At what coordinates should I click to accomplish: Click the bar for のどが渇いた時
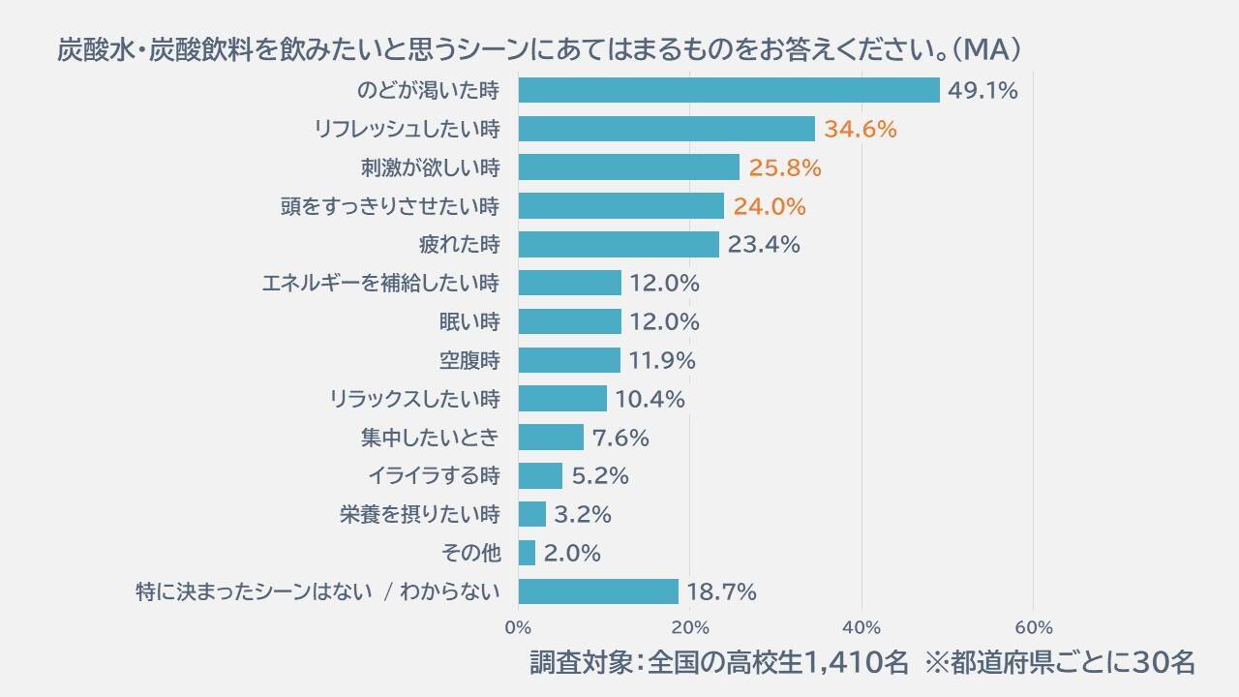[728, 90]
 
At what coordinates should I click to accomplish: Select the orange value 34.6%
[861, 129]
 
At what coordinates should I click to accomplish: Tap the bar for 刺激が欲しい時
[628, 167]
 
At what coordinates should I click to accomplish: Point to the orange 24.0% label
[769, 206]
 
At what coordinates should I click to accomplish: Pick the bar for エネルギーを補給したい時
[569, 283]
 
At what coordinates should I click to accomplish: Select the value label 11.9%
[662, 360]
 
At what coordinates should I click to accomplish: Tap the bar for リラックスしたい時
[562, 399]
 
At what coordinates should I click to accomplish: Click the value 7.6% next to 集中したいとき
[620, 438]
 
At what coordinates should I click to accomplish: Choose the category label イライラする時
[434, 475]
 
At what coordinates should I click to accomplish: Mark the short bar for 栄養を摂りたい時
[531, 514]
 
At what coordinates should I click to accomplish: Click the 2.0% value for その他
[572, 553]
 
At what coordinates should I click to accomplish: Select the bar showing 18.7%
[598, 591]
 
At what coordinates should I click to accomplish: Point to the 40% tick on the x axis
[861, 626]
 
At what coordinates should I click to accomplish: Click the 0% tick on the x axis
[518, 626]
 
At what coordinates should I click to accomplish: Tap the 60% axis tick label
[1033, 626]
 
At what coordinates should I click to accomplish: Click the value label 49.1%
[983, 91]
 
